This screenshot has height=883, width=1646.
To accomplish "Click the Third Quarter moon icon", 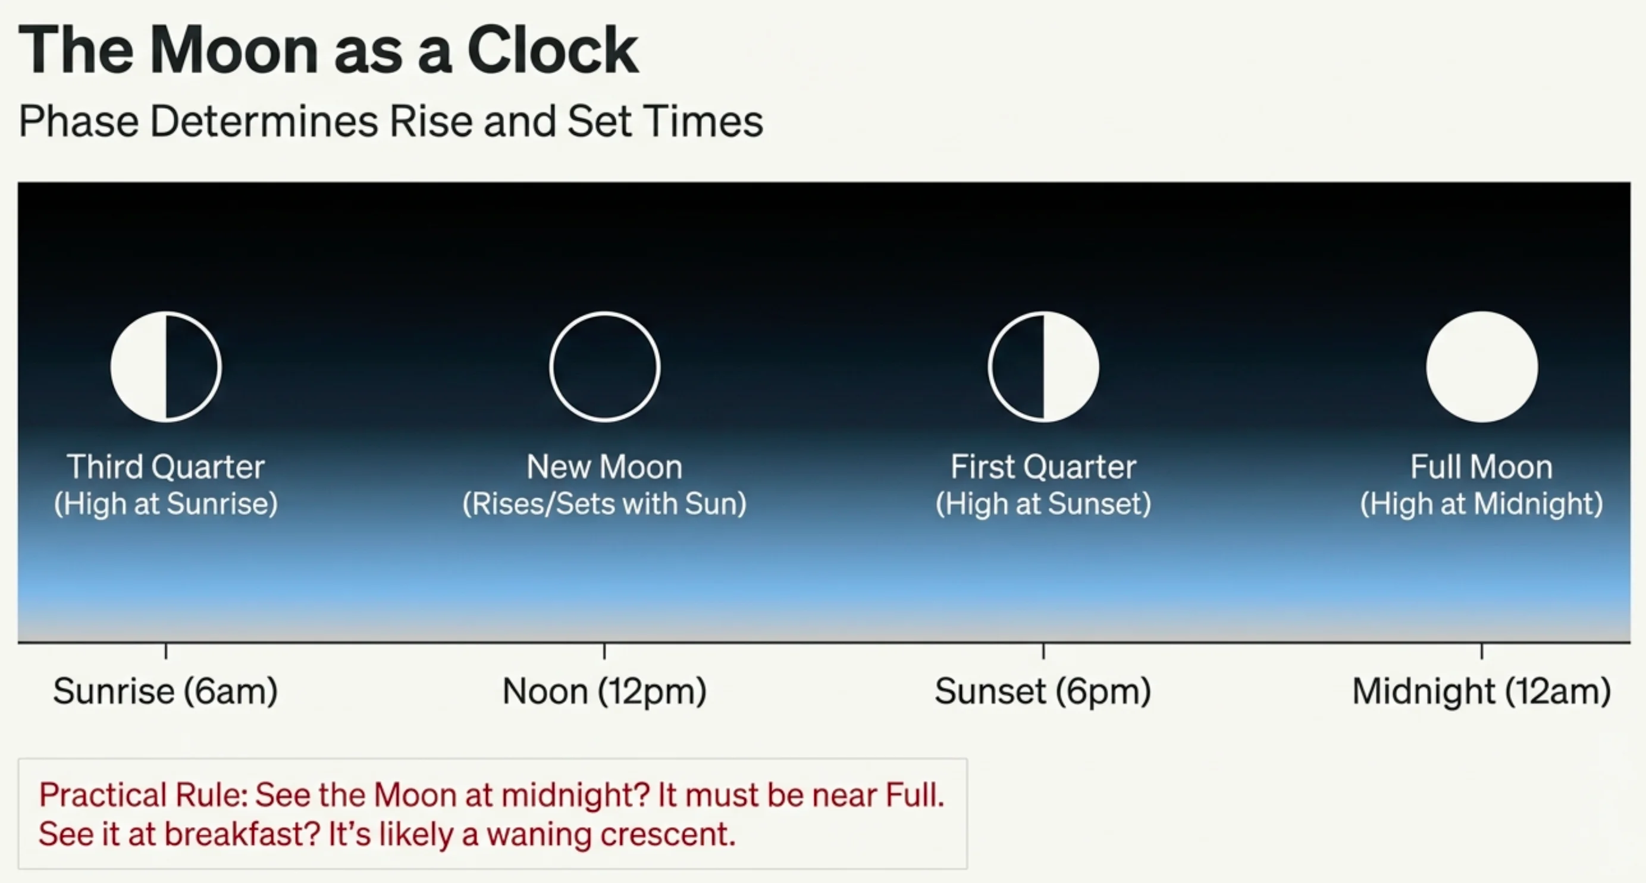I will tap(166, 367).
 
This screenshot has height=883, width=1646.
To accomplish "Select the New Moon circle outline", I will tap(604, 367).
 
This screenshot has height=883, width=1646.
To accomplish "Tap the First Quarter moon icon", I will tap(1043, 367).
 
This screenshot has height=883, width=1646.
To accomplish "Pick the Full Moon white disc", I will tap(1482, 367).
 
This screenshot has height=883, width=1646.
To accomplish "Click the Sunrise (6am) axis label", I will tap(165, 692).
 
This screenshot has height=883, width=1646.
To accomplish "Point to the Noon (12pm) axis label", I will tap(604, 692).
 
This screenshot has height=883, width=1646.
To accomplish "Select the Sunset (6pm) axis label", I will tap(1043, 692).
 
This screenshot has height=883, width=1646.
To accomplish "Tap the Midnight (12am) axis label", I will tap(1481, 692).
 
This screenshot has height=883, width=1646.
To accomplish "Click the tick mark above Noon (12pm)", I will tap(604, 651).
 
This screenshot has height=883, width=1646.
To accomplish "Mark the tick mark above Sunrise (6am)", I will tap(166, 651).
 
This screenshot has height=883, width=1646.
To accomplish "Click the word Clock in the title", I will tap(553, 51).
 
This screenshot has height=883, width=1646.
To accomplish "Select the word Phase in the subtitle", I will tap(79, 121).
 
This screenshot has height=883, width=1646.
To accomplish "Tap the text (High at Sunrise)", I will tap(165, 504).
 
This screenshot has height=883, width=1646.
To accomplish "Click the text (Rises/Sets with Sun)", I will tap(604, 504).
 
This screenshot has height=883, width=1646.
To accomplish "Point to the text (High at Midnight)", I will tap(1481, 504).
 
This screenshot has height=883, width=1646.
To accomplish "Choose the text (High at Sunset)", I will tap(1043, 504).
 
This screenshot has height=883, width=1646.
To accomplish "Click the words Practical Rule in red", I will tap(142, 796).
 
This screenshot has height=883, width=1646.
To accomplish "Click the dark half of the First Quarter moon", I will tap(1018, 367).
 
